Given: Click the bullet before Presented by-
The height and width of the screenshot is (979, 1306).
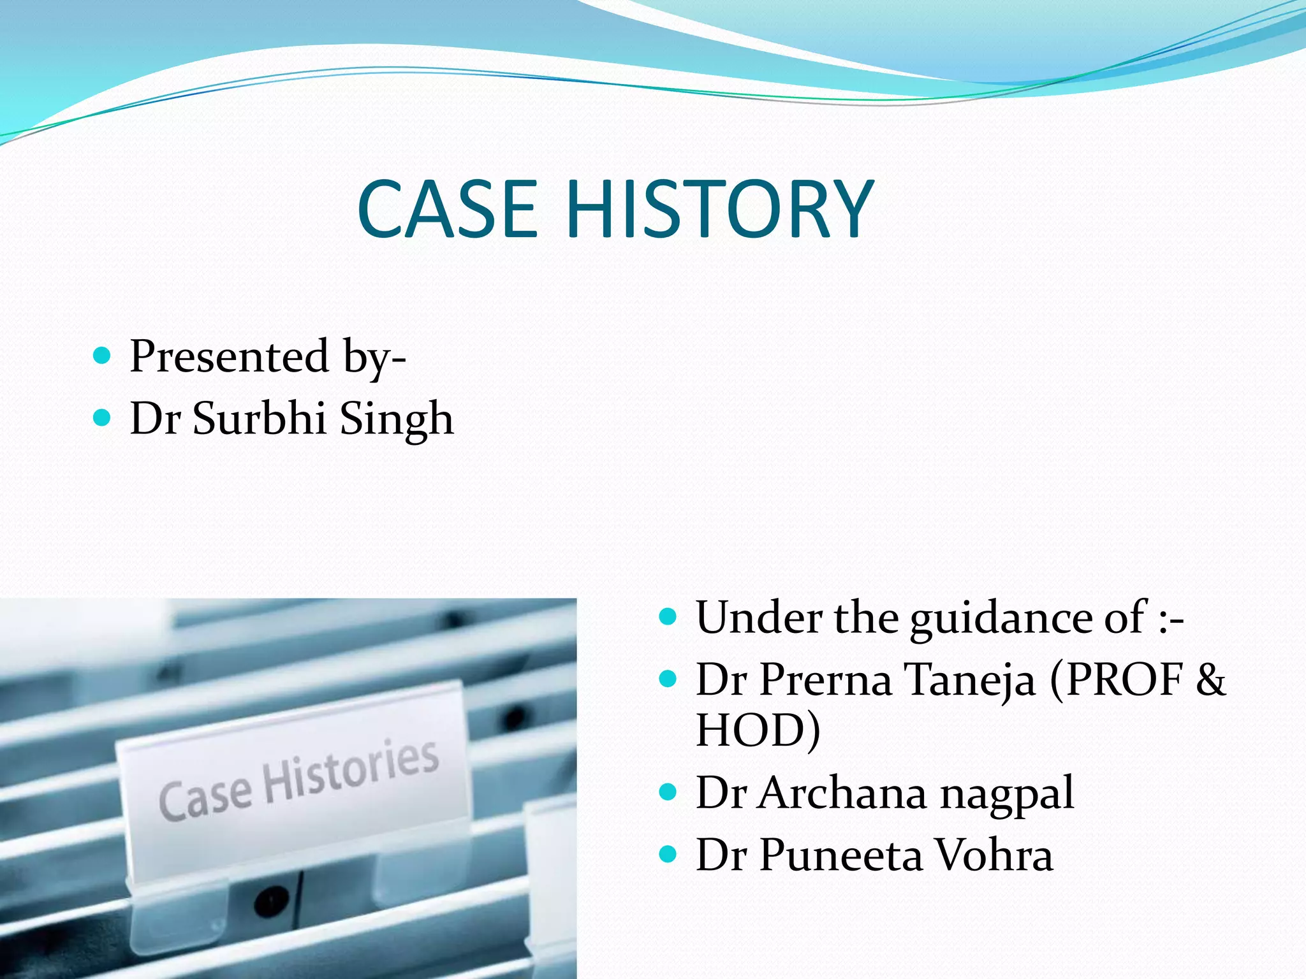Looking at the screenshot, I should pos(102,355).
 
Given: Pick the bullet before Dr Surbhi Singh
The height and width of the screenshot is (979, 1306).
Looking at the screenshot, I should pos(102,418).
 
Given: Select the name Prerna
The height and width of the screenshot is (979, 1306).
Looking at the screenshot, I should pos(826,679).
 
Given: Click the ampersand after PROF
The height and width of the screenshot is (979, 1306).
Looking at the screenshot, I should pos(1210,679).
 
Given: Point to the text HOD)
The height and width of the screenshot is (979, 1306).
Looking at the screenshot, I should pos(758,730).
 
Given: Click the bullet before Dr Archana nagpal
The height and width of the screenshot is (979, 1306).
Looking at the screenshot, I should pos(668,792).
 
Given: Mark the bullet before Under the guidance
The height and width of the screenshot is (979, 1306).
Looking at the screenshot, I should pos(668,616).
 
